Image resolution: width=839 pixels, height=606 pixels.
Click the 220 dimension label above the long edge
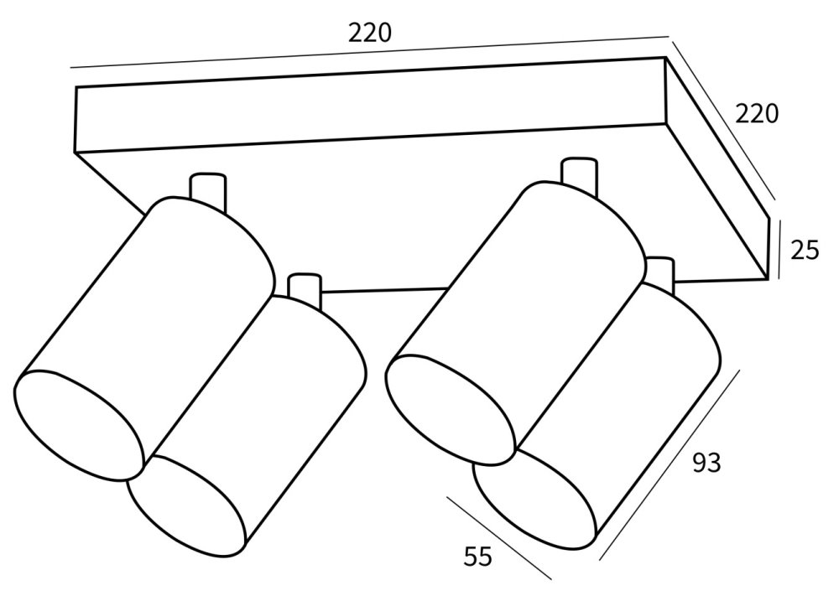(x=370, y=34)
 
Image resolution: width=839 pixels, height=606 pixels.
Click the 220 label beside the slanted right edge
(x=757, y=114)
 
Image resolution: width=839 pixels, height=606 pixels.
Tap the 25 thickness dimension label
(x=805, y=250)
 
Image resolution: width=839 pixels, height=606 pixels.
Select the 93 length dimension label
(x=706, y=463)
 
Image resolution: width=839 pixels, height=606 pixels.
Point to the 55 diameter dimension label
(x=478, y=557)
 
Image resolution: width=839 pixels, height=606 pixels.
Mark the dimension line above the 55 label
(x=498, y=537)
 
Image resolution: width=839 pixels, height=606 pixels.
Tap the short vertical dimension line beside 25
(x=779, y=249)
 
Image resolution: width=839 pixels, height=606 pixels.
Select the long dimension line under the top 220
(x=370, y=52)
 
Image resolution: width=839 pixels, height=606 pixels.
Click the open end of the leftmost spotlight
(x=79, y=426)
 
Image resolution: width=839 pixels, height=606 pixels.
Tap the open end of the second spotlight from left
(x=187, y=505)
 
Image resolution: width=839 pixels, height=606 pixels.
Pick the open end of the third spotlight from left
(x=451, y=407)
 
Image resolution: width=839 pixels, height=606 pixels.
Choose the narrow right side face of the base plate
(x=717, y=168)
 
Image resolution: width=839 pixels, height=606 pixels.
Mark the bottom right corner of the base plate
(x=769, y=278)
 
